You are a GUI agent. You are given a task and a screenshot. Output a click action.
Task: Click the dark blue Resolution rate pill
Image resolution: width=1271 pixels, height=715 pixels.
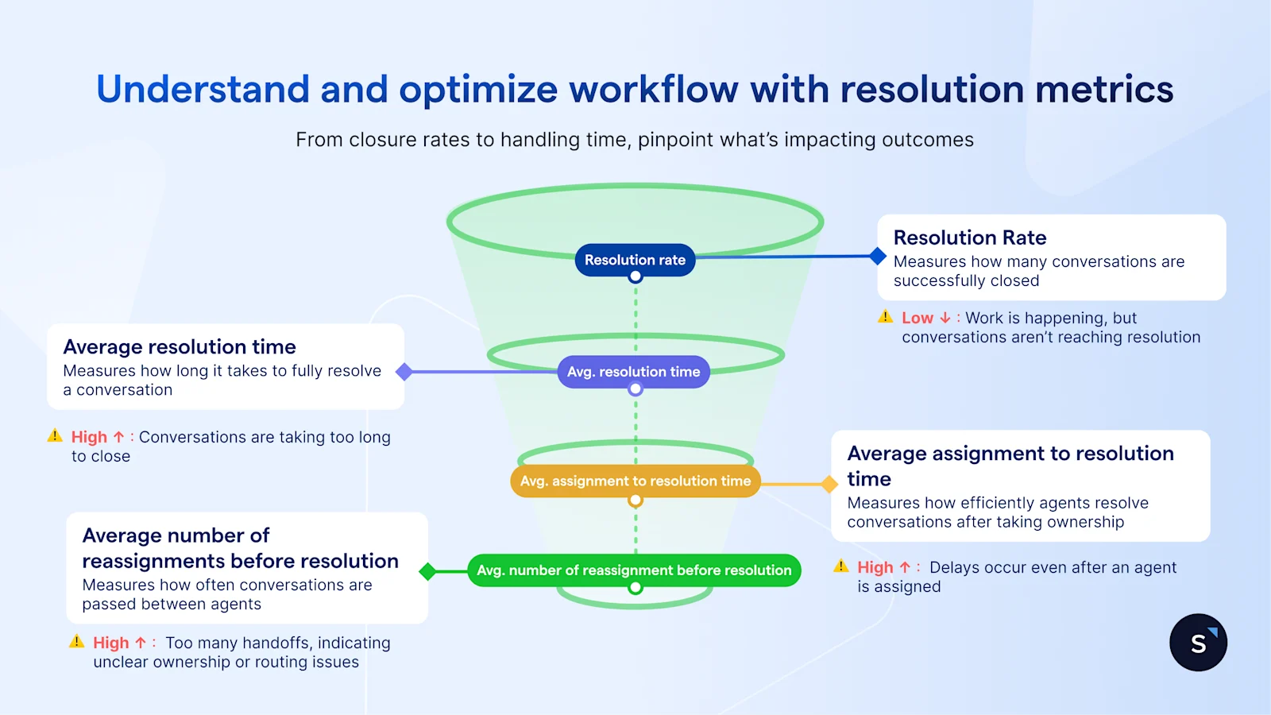click(x=635, y=260)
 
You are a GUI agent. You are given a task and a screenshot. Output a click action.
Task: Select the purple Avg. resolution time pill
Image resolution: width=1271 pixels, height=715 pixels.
click(x=633, y=372)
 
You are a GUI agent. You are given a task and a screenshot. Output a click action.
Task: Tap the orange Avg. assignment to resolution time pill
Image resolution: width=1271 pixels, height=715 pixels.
click(x=635, y=481)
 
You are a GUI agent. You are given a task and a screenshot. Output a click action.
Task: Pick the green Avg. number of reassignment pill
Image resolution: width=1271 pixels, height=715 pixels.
click(x=634, y=570)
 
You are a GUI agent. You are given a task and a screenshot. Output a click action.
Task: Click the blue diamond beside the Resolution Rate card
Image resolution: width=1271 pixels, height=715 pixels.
click(x=878, y=256)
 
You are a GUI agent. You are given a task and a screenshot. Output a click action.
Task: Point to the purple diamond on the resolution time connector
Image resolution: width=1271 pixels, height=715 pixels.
click(x=404, y=372)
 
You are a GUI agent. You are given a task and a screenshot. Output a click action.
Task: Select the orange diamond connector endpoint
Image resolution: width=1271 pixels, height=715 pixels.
click(x=829, y=484)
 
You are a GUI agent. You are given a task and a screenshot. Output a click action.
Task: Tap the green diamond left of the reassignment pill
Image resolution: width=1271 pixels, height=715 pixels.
click(x=427, y=571)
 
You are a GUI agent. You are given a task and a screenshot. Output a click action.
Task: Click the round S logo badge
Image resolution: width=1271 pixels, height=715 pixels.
click(x=1198, y=643)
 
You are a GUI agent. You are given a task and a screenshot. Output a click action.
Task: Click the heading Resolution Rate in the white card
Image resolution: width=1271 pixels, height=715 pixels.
click(x=969, y=238)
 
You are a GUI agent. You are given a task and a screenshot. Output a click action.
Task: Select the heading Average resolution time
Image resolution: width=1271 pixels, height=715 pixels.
click(x=180, y=347)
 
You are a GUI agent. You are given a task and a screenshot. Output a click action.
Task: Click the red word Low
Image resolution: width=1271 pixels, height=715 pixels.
click(x=917, y=318)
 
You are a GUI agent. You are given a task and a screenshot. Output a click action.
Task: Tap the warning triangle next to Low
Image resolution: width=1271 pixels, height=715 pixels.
click(x=885, y=317)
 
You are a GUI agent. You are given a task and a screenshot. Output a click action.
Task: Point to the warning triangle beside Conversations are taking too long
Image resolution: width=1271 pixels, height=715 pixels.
click(x=55, y=435)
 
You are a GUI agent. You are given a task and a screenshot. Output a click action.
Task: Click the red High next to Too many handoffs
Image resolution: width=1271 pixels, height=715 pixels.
click(x=110, y=643)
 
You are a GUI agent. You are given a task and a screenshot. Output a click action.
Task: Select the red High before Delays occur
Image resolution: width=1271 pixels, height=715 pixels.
click(x=875, y=567)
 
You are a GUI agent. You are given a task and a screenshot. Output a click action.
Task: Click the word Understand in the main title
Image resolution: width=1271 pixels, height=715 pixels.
click(x=203, y=89)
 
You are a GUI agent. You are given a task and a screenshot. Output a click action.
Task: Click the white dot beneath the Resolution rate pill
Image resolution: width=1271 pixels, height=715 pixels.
click(x=635, y=277)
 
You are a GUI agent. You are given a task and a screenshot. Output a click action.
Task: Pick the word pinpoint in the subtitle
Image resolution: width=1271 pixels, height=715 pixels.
click(x=675, y=140)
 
